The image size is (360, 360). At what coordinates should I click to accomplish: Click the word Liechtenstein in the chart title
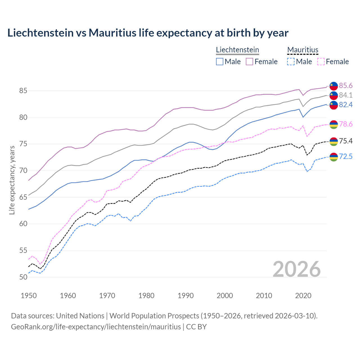click(40, 33)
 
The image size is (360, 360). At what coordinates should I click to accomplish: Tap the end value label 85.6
click(346, 85)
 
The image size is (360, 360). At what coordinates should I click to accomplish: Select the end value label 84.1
click(346, 95)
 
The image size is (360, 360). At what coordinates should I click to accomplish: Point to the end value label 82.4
click(346, 105)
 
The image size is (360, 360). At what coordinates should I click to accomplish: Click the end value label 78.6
click(346, 124)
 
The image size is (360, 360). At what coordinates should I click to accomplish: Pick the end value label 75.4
click(346, 141)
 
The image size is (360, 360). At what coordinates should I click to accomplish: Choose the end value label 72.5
click(346, 156)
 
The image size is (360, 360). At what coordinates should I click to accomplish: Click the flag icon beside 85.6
click(334, 86)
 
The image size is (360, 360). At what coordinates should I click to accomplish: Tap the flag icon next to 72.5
click(334, 157)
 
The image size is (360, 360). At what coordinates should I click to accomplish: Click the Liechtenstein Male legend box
click(220, 62)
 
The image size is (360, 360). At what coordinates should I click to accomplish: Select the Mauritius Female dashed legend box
click(321, 62)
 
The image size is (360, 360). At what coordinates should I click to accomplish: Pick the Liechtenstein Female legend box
click(249, 62)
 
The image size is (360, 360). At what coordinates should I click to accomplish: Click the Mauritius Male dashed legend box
click(291, 62)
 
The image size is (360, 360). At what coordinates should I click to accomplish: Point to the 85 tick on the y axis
click(23, 91)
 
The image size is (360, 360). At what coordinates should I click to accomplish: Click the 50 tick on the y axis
click(23, 277)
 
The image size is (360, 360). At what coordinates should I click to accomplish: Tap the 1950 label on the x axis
click(29, 296)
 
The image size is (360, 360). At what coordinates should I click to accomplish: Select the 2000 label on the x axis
click(225, 296)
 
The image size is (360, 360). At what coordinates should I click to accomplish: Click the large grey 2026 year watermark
click(296, 269)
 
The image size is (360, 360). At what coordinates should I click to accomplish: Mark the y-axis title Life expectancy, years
click(12, 180)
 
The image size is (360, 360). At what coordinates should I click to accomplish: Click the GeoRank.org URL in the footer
click(96, 327)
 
